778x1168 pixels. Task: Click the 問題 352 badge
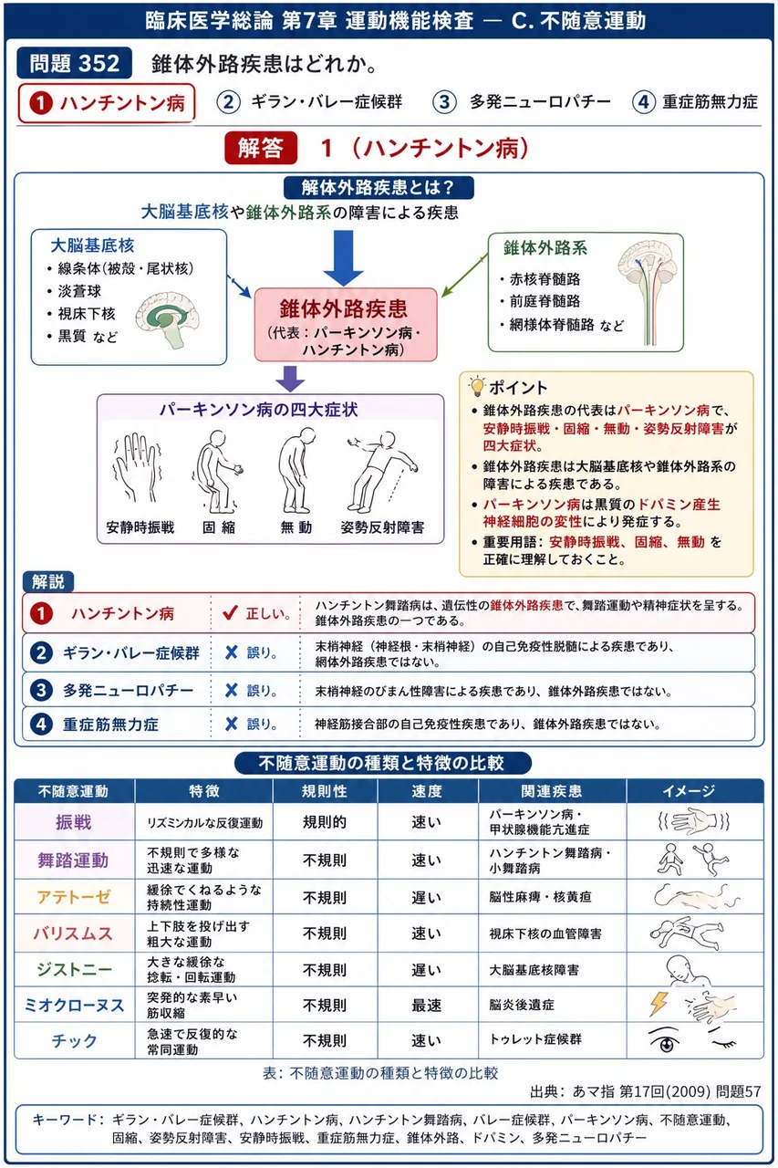74,64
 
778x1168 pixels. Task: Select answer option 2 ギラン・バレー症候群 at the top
309,101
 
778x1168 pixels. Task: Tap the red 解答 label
261,148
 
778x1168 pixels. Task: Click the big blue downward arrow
343,258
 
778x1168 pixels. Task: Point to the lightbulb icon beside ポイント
476,386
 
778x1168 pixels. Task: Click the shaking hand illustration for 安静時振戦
138,467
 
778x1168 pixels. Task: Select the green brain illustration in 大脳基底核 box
168,319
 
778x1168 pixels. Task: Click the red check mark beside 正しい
230,612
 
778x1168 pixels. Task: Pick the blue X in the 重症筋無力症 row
232,724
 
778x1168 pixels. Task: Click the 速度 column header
427,791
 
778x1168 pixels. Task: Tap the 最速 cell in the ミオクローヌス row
427,1005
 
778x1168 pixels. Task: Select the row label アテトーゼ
74,897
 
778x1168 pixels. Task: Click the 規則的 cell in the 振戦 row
325,822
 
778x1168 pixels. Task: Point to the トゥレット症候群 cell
535,1039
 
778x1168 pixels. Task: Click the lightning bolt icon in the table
659,1004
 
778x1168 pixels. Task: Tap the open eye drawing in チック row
664,1040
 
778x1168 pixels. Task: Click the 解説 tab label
48,581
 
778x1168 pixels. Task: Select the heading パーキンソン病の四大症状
258,410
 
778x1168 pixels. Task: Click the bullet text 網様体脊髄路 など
566,326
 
